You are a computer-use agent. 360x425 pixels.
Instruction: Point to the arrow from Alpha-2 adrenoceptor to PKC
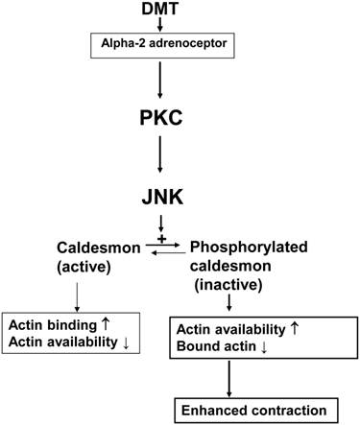pyautogui.click(x=180, y=84)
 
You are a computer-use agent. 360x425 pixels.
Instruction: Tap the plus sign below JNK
pyautogui.click(x=175, y=235)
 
